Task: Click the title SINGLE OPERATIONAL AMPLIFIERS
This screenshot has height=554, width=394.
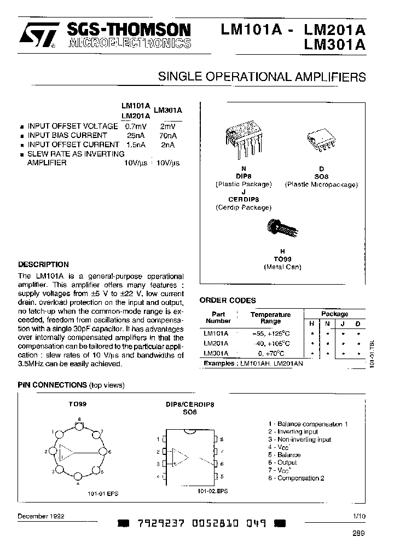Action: [x=262, y=77]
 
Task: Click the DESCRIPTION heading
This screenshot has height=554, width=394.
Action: [x=44, y=264]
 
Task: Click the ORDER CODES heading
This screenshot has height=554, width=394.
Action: [x=227, y=301]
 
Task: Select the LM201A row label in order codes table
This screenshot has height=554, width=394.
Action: [x=216, y=343]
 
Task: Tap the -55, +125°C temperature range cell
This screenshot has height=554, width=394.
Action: [x=270, y=333]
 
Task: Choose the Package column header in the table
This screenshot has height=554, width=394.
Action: [x=334, y=314]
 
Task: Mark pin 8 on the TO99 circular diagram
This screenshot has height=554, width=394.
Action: [x=80, y=424]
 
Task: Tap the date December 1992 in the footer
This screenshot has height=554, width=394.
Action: [x=40, y=516]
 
